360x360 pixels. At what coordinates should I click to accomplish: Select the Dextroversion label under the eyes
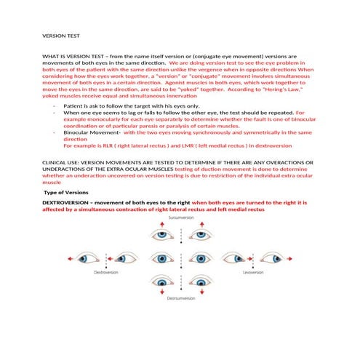pyautogui.click(x=106, y=272)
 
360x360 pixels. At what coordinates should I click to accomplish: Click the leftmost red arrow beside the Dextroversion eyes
pyautogui.click(x=68, y=258)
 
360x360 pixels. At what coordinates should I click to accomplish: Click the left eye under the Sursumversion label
pyautogui.click(x=161, y=234)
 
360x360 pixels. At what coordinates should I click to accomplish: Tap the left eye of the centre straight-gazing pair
pyautogui.click(x=161, y=258)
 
